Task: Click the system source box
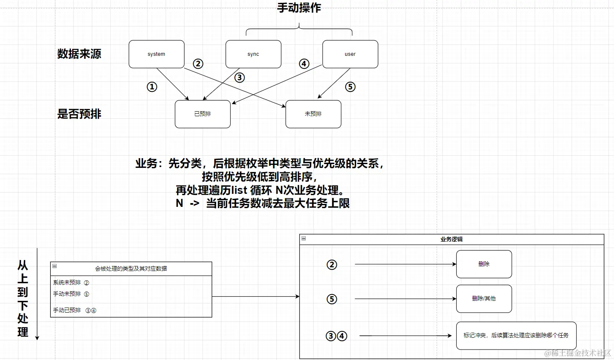[x=156, y=54]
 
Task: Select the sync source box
[x=253, y=54]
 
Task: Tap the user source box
[x=350, y=54]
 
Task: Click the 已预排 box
[x=203, y=114]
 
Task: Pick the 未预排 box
[x=313, y=114]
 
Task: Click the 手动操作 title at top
[x=299, y=8]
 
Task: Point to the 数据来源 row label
[x=79, y=54]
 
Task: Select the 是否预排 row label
[x=79, y=114]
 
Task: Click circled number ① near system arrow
[x=152, y=87]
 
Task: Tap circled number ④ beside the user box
[x=304, y=64]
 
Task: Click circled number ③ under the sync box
[x=239, y=78]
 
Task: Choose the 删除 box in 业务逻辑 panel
[x=484, y=264]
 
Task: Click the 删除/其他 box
[x=484, y=299]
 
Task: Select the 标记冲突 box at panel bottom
[x=516, y=336]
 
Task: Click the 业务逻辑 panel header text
[x=451, y=240]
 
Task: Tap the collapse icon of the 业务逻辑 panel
[x=304, y=239]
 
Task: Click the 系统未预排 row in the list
[x=67, y=283]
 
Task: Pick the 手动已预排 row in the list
[x=67, y=310]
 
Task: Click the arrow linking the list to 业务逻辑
[x=255, y=297]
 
